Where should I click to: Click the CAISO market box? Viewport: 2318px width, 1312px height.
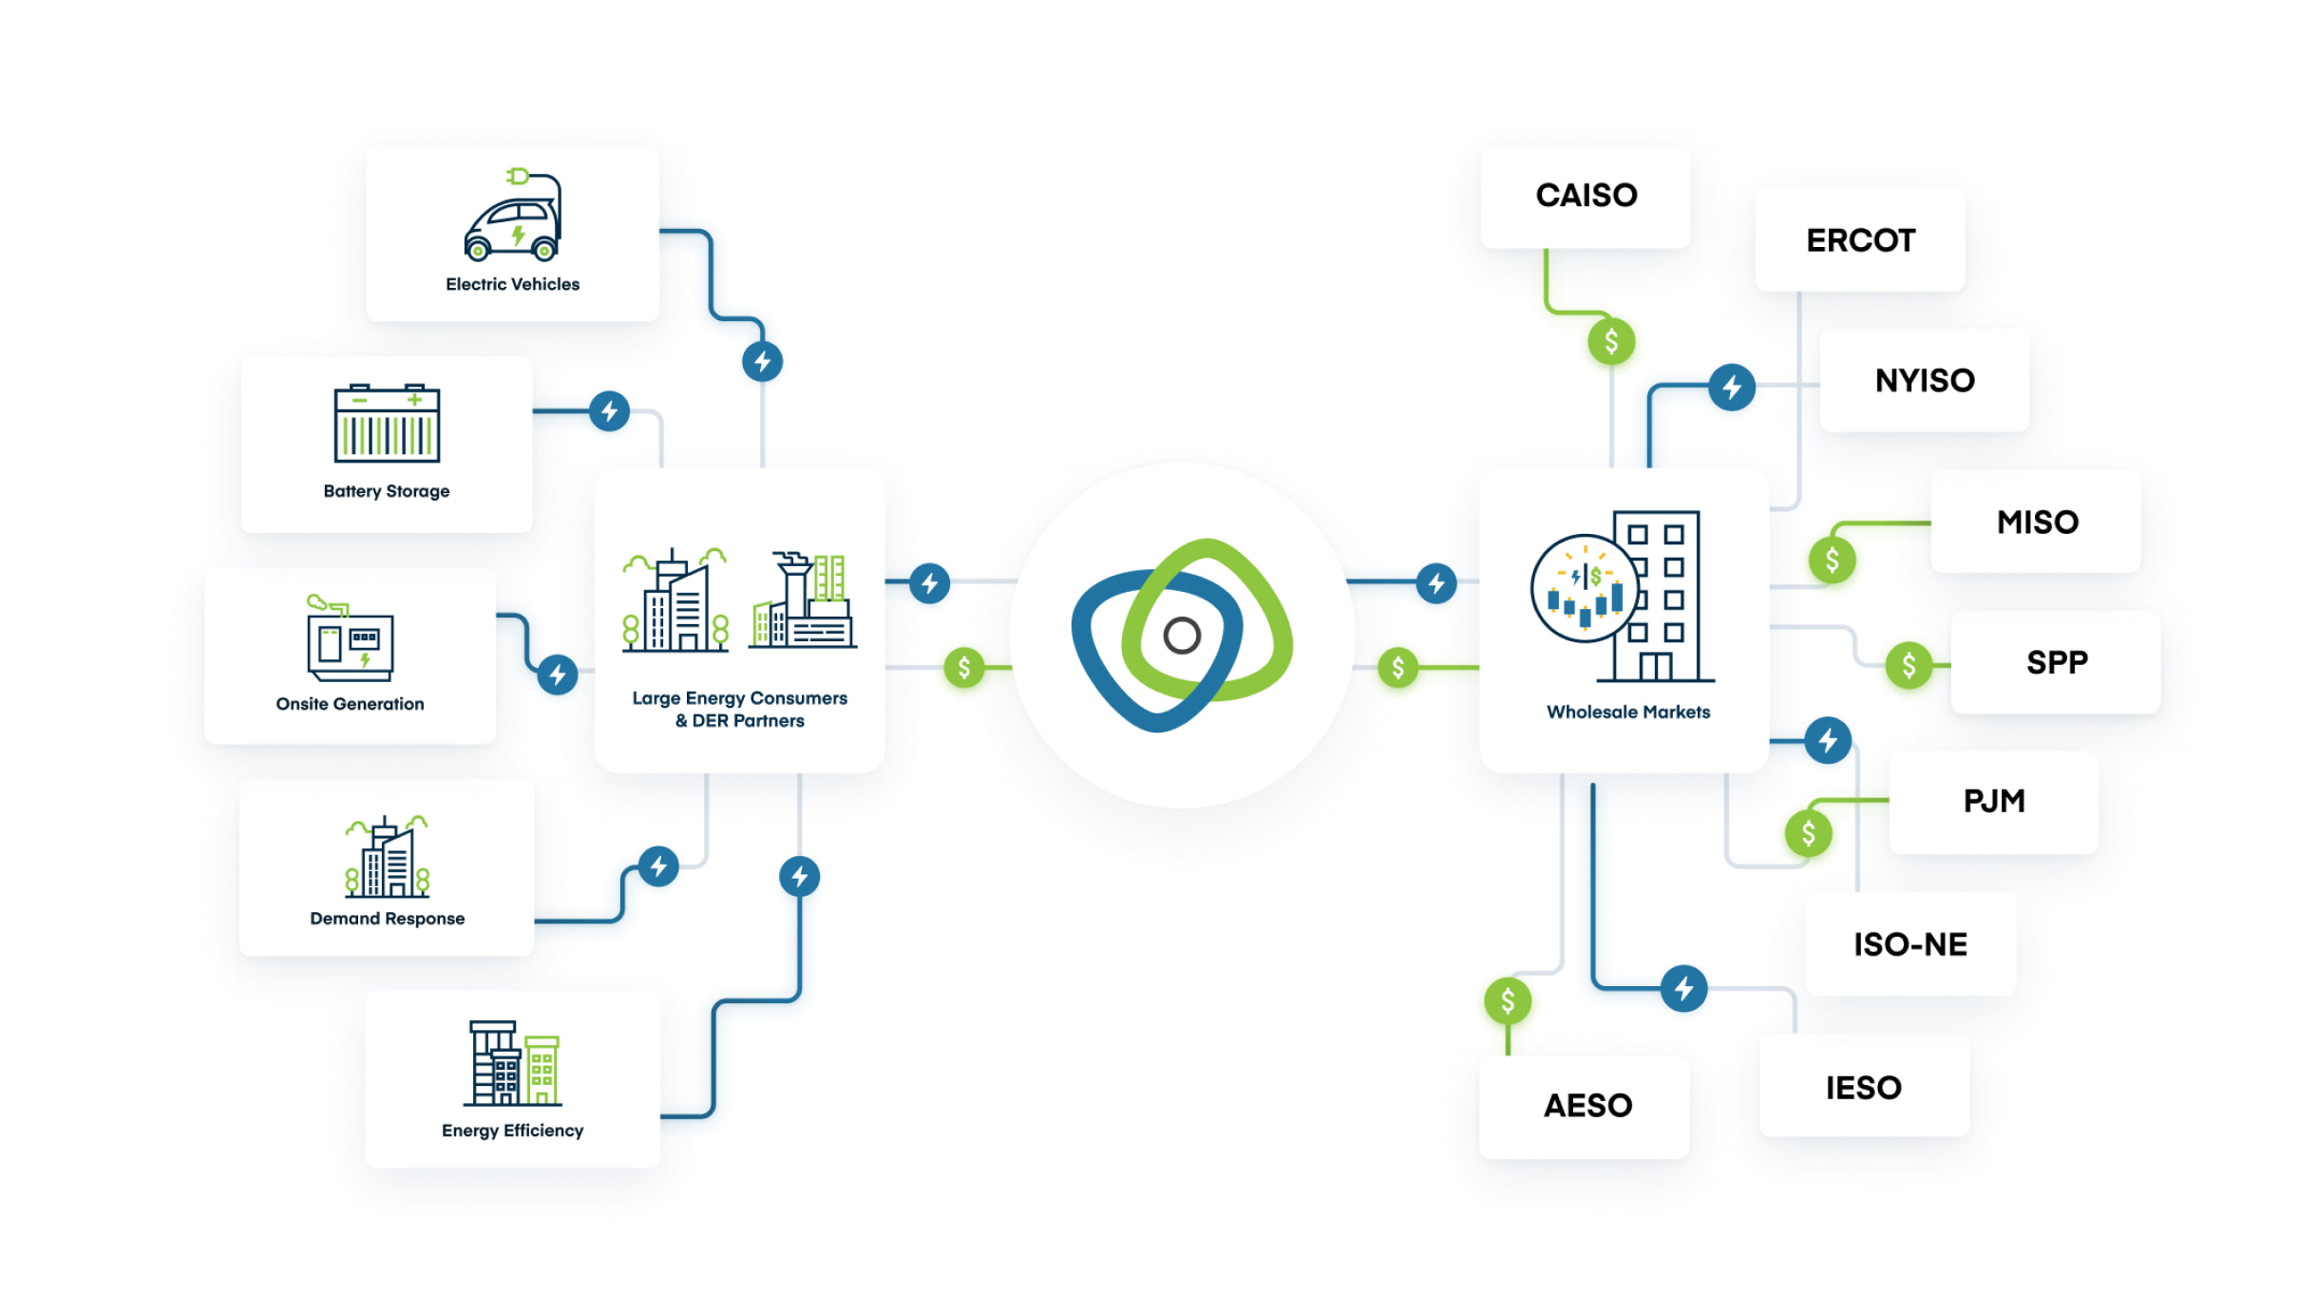point(1586,196)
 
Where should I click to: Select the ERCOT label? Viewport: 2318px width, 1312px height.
point(1860,240)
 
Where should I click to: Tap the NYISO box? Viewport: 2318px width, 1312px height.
point(1925,380)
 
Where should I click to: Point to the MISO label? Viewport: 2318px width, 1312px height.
point(2037,522)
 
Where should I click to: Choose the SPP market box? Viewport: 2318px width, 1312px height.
point(2056,662)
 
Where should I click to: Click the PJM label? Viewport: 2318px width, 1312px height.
point(1993,801)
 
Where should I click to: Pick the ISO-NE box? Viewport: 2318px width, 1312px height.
point(1909,944)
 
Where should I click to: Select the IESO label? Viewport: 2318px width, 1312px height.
point(1863,1087)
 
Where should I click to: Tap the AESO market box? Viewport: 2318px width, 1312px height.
point(1586,1106)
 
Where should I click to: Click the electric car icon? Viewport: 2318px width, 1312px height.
point(513,216)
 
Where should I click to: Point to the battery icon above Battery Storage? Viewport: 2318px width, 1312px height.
point(387,424)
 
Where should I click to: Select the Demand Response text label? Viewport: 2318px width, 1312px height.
point(387,919)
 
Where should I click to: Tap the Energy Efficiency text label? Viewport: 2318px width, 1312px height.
point(512,1131)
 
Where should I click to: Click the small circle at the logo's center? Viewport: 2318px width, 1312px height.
point(1182,636)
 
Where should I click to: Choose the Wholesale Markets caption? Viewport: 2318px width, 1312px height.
point(1627,713)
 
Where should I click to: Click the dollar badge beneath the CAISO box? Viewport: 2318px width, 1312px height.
point(1611,341)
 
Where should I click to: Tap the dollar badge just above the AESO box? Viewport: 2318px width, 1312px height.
point(1508,1000)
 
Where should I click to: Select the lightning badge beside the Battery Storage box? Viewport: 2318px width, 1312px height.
point(609,411)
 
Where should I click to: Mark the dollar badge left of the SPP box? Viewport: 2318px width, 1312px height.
point(1909,665)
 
